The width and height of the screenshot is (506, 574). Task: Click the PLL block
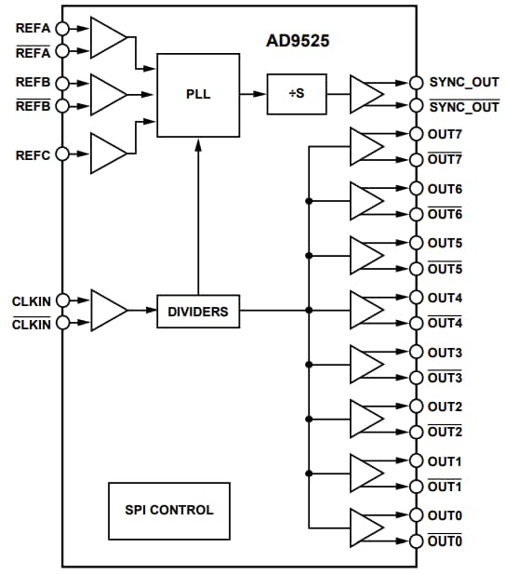(x=197, y=94)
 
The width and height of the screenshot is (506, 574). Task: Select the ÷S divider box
(x=297, y=94)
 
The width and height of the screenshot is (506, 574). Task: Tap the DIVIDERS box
(x=197, y=312)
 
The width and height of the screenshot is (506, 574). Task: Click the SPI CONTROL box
(x=168, y=510)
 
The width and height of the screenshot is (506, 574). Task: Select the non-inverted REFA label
(x=33, y=28)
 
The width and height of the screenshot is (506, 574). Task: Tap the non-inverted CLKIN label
(x=32, y=301)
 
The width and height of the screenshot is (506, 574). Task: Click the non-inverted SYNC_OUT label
(x=463, y=82)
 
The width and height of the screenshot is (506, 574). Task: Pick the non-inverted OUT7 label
(x=445, y=134)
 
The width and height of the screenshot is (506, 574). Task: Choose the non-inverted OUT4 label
(x=445, y=298)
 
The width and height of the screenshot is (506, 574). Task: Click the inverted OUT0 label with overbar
(x=445, y=541)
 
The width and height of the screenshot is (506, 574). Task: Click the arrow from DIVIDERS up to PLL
(x=197, y=214)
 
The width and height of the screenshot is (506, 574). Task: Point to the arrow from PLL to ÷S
(x=251, y=94)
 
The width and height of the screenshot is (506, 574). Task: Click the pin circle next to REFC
(x=62, y=154)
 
